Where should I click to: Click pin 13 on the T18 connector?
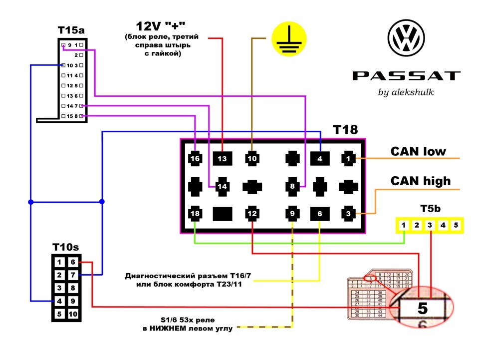point(222,159)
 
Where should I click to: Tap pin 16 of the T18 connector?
point(195,159)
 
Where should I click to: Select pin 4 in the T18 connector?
point(320,159)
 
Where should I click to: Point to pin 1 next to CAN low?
point(347,159)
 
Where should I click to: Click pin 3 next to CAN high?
point(347,214)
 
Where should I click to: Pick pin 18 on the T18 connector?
point(195,214)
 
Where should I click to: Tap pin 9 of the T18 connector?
point(292,214)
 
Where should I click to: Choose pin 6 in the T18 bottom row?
point(320,214)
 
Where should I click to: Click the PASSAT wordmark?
point(406,76)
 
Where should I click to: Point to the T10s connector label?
point(65,246)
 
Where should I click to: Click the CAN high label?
point(420,181)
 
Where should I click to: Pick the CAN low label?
point(418,151)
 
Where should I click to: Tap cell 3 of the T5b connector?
point(430,225)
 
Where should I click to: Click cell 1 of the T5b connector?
point(404,225)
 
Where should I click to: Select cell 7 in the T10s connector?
point(73,275)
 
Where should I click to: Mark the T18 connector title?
point(345,130)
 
